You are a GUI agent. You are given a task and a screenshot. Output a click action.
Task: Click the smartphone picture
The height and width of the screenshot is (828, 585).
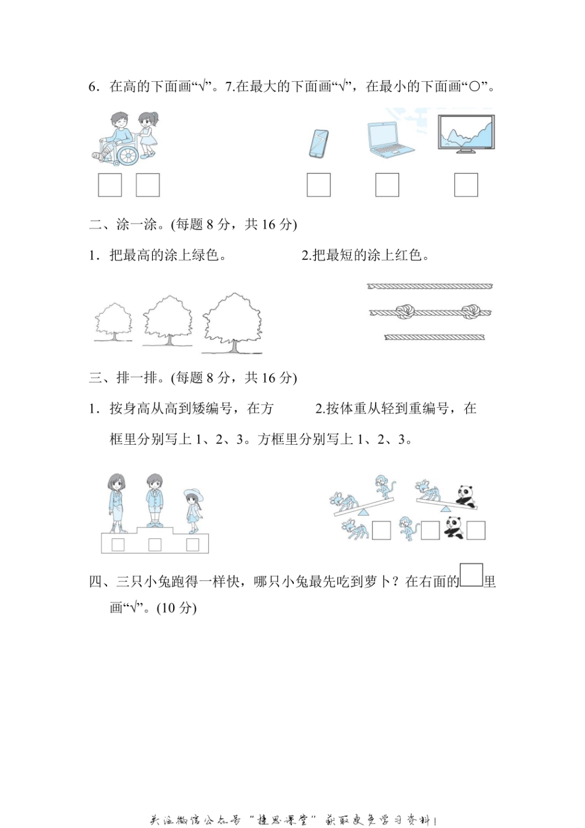click(x=318, y=144)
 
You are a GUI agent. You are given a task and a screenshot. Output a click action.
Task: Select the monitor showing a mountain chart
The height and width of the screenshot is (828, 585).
click(x=466, y=133)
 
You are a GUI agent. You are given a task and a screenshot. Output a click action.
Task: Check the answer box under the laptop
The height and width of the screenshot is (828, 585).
click(x=387, y=185)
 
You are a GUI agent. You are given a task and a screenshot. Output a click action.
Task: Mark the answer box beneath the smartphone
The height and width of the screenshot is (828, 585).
click(x=319, y=185)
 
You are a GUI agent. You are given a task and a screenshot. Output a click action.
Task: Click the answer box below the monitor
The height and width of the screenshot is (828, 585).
click(x=466, y=185)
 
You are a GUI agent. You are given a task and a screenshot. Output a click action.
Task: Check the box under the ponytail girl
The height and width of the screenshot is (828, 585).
click(x=148, y=185)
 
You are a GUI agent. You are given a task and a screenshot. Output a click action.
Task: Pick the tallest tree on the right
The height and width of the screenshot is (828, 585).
click(x=232, y=320)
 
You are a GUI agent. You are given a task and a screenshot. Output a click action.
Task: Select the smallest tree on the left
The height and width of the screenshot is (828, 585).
click(x=113, y=320)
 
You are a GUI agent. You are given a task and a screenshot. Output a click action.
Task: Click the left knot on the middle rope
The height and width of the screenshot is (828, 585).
click(x=404, y=311)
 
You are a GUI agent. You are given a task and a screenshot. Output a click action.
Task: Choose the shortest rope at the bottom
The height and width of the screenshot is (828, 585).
click(x=434, y=337)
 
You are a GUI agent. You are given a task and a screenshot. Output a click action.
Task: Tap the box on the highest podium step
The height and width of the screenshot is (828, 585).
click(x=155, y=544)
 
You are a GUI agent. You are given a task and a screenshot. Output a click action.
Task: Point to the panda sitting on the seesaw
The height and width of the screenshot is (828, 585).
click(x=465, y=495)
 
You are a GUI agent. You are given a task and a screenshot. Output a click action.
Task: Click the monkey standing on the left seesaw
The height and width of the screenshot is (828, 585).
click(x=385, y=487)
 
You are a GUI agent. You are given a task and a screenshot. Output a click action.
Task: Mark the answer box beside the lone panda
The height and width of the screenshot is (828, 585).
click(x=476, y=530)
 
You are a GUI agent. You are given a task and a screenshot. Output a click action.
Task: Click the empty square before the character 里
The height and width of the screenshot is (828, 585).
click(x=472, y=575)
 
